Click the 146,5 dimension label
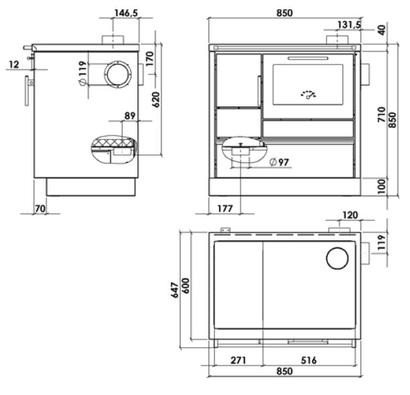pos(126,13)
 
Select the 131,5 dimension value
pos(349,25)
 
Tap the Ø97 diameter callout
pos(279,162)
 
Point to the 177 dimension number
pos(225,208)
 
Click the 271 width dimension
pos(238,360)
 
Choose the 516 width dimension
pos(309,360)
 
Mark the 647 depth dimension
pos(175,290)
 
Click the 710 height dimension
pos(382,114)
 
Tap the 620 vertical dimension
pos(156,100)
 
